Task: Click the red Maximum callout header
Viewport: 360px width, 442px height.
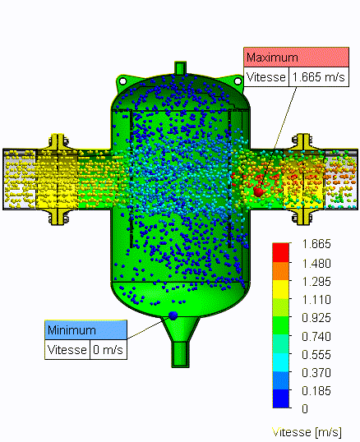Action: pos(296,58)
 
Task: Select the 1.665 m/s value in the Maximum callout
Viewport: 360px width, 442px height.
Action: pos(319,76)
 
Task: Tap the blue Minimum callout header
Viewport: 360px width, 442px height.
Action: pos(85,329)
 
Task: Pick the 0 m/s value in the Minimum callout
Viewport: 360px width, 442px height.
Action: pos(108,350)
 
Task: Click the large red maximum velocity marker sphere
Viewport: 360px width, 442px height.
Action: pos(258,191)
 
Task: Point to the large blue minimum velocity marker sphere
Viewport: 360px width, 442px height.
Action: pos(173,315)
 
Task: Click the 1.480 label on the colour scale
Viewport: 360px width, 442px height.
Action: pos(316,264)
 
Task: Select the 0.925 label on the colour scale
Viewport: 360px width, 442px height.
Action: pos(316,318)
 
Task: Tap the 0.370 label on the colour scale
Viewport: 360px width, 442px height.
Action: pos(316,373)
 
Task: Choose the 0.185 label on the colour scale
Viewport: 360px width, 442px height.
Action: pos(316,391)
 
